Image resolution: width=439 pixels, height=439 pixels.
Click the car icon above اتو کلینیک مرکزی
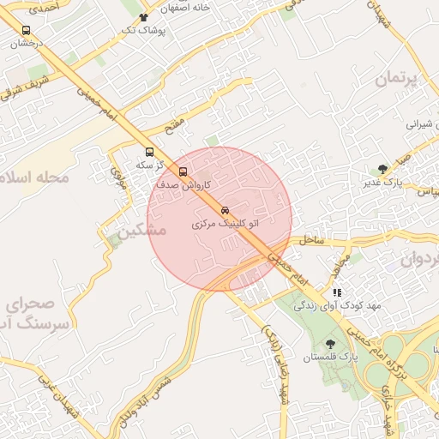point(225,210)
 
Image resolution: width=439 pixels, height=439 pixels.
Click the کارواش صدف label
point(178,184)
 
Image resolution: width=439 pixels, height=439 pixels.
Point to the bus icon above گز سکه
point(150,153)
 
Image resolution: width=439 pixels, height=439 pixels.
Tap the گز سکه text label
point(145,164)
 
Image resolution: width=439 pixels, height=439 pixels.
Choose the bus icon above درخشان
point(25,31)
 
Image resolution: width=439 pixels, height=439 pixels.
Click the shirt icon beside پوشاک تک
point(142,17)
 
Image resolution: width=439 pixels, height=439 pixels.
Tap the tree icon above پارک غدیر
point(382,169)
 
